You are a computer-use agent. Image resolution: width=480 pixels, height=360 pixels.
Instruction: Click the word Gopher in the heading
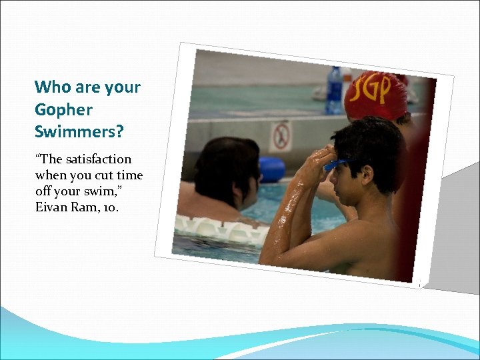pos(63,110)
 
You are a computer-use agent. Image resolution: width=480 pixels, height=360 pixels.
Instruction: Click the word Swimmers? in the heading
pos(79,131)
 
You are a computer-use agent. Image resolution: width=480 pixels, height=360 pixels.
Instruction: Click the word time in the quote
pos(128,175)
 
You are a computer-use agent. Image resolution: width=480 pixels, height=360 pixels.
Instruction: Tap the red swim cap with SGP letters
pos(376,94)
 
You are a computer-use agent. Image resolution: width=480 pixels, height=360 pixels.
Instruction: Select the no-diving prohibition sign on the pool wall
pos(281,135)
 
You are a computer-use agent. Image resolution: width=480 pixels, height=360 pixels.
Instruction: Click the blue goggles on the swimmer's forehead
pos(335,164)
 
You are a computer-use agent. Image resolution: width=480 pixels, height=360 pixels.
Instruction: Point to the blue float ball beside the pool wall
pos(271,169)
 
